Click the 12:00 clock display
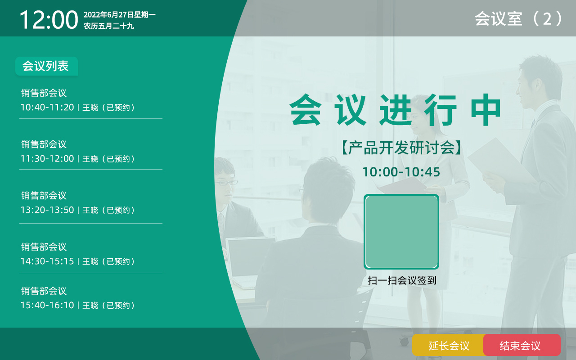point(49,20)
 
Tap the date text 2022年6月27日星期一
point(120,15)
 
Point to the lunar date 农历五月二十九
point(109,26)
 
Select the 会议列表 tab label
point(46,66)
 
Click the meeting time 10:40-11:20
point(47,107)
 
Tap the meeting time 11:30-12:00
point(47,159)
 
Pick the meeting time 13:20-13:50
point(47,210)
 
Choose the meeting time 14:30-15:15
point(47,261)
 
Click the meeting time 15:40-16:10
point(47,305)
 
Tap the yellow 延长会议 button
point(449,345)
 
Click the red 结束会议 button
point(522,345)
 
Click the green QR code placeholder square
point(401,232)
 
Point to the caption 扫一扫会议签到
point(402,280)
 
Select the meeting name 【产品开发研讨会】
point(401,148)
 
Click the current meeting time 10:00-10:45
point(401,172)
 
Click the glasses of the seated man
point(226,183)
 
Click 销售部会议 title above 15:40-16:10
point(44,291)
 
